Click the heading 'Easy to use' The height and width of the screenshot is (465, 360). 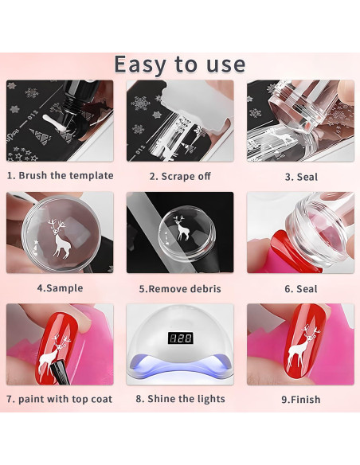179,63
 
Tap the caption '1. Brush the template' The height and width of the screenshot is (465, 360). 60,175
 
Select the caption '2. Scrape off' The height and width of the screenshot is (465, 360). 179,176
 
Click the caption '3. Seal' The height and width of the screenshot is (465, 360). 300,176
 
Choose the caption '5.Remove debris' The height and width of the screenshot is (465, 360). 179,288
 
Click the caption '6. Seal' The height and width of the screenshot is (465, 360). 300,288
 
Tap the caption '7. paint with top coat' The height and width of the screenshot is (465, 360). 60,399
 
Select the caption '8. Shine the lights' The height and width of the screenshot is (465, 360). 179,399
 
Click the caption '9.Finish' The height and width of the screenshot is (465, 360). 300,399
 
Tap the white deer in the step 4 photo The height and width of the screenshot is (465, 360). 58,236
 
